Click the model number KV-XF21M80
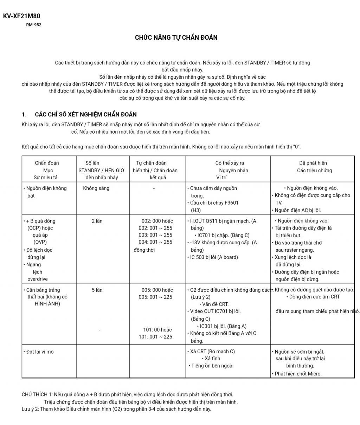pyautogui.click(x=21, y=16)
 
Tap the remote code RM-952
pyautogui.click(x=33, y=25)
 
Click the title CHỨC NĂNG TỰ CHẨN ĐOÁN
pyautogui.click(x=176, y=38)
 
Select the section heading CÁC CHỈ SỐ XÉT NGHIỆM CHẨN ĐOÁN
pyautogui.click(x=86, y=115)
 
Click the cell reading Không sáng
pyautogui.click(x=96, y=188)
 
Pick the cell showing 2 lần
pyautogui.click(x=97, y=221)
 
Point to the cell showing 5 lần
pyautogui.click(x=97, y=290)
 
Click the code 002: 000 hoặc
pyautogui.click(x=157, y=221)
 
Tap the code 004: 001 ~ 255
pyautogui.click(x=155, y=242)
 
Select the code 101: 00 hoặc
pyautogui.click(x=157, y=330)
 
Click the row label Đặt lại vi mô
pyautogui.click(x=40, y=352)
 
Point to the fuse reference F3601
pyautogui.click(x=230, y=203)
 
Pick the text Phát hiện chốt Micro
pyautogui.click(x=298, y=374)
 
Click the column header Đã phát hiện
pyautogui.click(x=313, y=163)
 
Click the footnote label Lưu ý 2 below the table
pyautogui.click(x=30, y=409)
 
